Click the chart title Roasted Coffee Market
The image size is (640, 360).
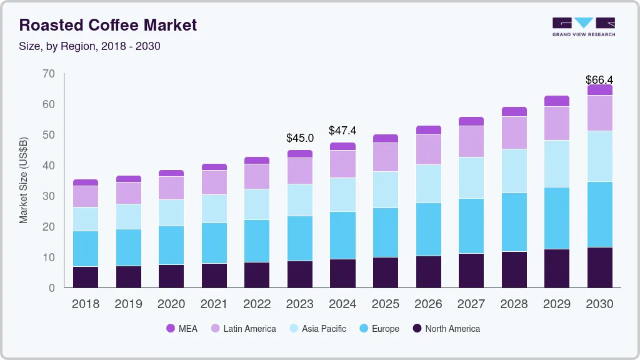[x=108, y=25]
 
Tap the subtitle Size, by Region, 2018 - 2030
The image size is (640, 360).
[x=90, y=46]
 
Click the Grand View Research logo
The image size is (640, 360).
[x=583, y=26]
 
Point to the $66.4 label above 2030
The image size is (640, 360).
[x=599, y=80]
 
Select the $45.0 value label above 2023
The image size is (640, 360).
[x=299, y=137]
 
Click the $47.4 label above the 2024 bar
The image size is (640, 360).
[x=342, y=131]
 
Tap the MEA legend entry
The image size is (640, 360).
[x=182, y=328]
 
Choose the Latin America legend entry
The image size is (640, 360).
[x=243, y=328]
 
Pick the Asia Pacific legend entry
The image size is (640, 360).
[x=317, y=328]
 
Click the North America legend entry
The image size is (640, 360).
[x=446, y=328]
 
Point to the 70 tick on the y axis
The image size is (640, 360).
[x=49, y=74]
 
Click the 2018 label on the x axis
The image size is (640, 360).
[x=85, y=304]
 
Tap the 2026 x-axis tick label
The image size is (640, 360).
[x=428, y=304]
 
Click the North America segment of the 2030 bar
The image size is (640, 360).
[x=599, y=267]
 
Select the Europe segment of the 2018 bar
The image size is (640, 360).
[x=85, y=249]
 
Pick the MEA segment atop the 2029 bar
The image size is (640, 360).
[x=556, y=101]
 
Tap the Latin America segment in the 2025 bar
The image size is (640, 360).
[x=385, y=157]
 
